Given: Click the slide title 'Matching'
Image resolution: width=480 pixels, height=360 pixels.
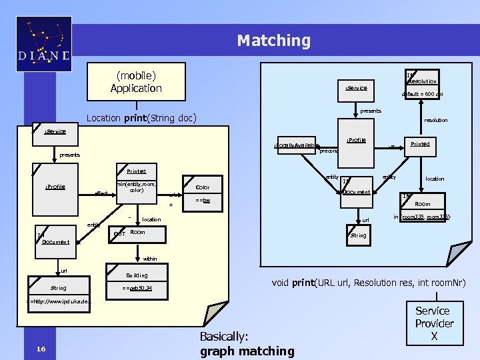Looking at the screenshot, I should click(273, 41).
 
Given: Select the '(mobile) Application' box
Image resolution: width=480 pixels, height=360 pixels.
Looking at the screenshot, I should click(136, 81).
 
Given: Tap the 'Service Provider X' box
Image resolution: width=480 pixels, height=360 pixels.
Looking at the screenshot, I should click(433, 323).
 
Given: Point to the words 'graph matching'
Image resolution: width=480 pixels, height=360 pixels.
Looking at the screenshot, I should click(247, 351).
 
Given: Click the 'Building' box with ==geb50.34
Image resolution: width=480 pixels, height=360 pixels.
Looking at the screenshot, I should click(137, 281).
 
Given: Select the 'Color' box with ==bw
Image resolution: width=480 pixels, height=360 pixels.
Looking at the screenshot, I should click(203, 193).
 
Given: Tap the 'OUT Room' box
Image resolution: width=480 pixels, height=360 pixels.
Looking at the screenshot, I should click(129, 233).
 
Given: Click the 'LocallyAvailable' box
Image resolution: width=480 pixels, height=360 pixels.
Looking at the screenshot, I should click(297, 145).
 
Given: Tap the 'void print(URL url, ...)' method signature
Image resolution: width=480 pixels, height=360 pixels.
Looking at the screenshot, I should click(368, 283).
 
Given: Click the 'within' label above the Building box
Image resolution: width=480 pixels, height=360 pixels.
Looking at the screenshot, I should click(150, 259).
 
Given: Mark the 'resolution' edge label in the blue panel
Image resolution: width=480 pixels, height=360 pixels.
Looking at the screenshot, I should click(436, 121).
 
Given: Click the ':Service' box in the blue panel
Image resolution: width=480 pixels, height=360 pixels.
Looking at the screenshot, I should click(356, 88).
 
